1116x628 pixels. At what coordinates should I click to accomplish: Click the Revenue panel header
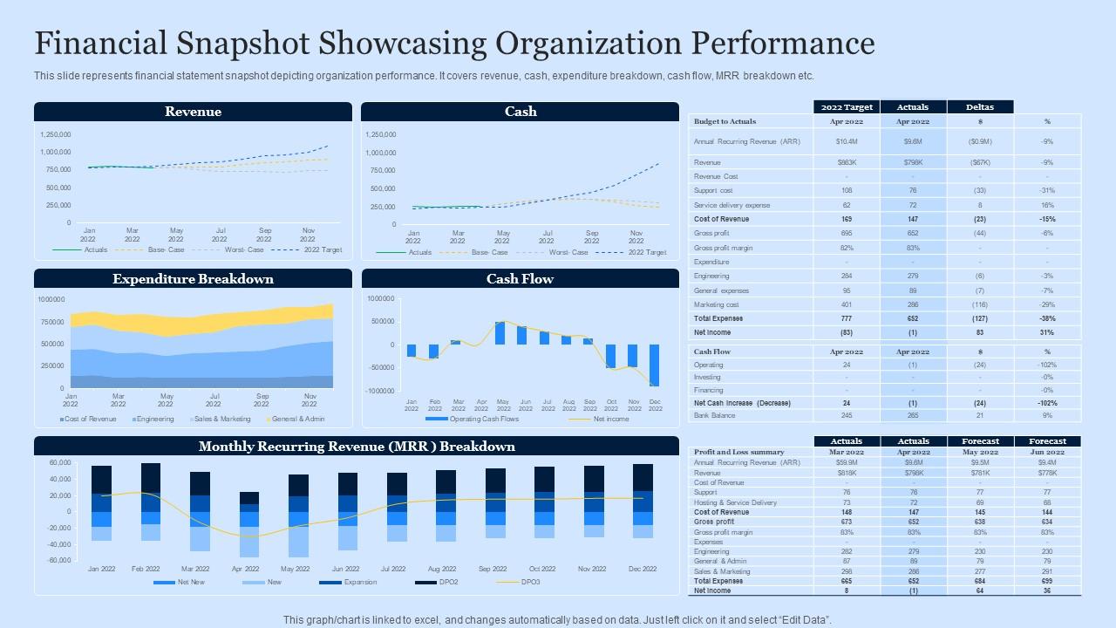click(x=193, y=112)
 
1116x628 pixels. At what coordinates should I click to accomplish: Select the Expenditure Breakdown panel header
click(x=193, y=279)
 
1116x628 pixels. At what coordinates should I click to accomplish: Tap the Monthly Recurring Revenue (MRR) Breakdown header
click(x=357, y=447)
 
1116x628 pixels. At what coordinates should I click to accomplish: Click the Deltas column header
click(x=980, y=107)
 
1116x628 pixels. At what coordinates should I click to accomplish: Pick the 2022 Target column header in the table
click(x=846, y=107)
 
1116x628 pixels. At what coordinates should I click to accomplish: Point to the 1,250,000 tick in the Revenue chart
click(x=56, y=134)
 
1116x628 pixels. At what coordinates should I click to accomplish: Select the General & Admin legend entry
click(x=297, y=419)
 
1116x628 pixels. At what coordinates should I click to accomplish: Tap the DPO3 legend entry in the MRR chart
click(x=530, y=582)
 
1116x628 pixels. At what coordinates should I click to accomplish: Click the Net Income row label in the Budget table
click(x=712, y=332)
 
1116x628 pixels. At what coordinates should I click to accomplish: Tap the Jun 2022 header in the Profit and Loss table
click(x=1047, y=452)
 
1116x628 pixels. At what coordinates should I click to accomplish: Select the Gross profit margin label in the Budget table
click(x=723, y=248)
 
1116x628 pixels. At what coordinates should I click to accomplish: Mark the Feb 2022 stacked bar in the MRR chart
click(x=151, y=506)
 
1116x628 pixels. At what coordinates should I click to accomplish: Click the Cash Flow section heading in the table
click(x=712, y=352)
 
